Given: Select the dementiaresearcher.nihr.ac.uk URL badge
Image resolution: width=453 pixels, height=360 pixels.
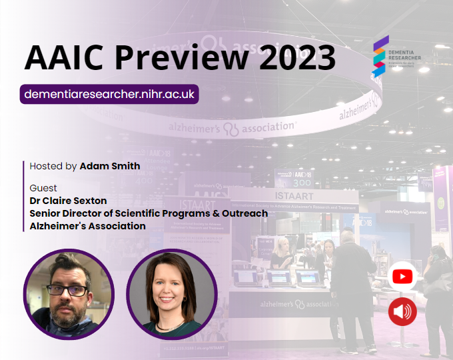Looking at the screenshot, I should (109, 94).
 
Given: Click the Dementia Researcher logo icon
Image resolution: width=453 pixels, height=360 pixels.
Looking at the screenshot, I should (380, 57).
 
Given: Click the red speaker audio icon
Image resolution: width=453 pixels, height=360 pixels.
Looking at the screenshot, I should (402, 311).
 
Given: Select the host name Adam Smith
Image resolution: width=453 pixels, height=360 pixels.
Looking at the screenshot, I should (110, 166).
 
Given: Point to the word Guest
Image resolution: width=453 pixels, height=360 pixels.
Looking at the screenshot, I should (43, 188).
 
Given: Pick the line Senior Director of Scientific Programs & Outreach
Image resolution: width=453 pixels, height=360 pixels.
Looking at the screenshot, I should (149, 213).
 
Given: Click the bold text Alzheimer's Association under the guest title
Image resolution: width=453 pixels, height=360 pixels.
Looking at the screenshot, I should (87, 226).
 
